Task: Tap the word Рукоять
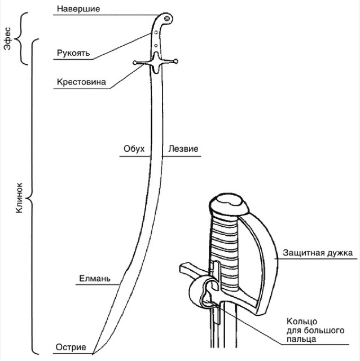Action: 72,54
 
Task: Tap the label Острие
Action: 71,347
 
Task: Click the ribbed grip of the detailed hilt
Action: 225,248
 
